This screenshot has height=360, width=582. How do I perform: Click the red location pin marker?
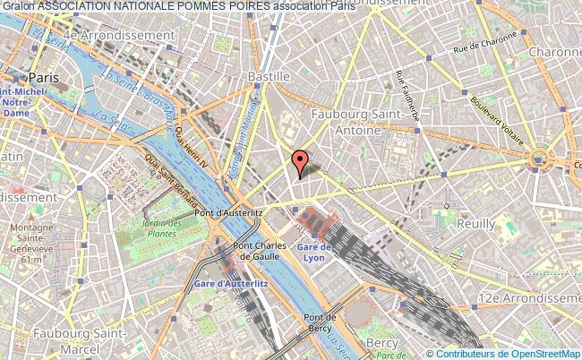click(300, 161)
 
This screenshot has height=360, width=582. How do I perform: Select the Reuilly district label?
click(475, 223)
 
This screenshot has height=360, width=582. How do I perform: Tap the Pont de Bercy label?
click(319, 322)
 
